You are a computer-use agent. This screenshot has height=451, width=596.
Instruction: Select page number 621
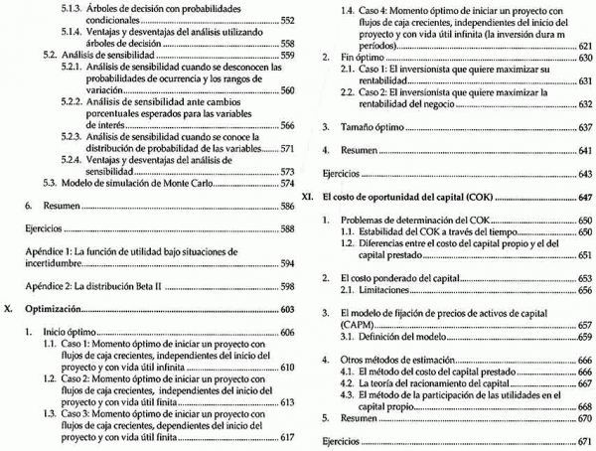(583, 46)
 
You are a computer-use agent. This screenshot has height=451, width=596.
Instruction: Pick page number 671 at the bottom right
(583, 440)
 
